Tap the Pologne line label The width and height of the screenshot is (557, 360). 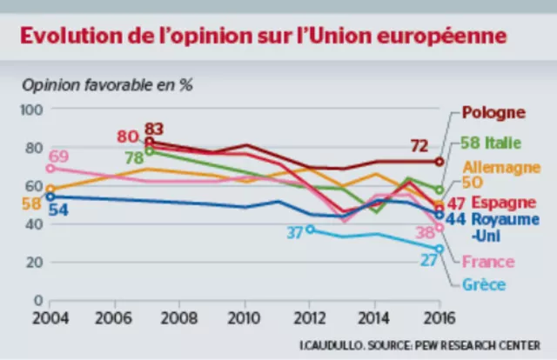click(x=493, y=112)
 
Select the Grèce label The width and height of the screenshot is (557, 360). click(x=483, y=283)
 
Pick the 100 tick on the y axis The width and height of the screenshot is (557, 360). click(x=31, y=110)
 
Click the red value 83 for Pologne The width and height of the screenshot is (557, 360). click(x=155, y=130)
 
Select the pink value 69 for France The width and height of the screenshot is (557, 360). click(x=59, y=157)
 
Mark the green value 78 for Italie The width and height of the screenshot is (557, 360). click(x=135, y=158)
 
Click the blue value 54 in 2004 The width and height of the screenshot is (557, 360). click(x=59, y=209)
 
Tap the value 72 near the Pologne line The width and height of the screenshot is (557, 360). click(x=420, y=145)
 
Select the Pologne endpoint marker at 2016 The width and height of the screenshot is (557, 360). click(x=440, y=161)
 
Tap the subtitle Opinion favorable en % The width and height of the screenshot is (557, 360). click(x=107, y=86)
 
